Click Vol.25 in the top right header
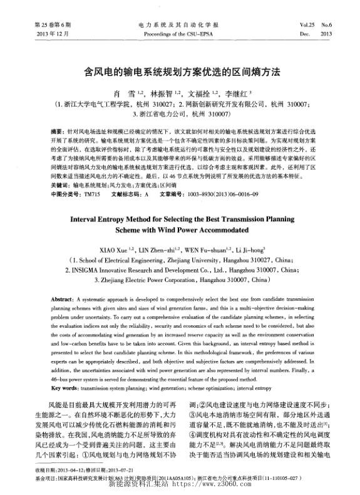pyautogui.click(x=307, y=25)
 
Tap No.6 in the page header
pyautogui.click(x=326, y=25)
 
